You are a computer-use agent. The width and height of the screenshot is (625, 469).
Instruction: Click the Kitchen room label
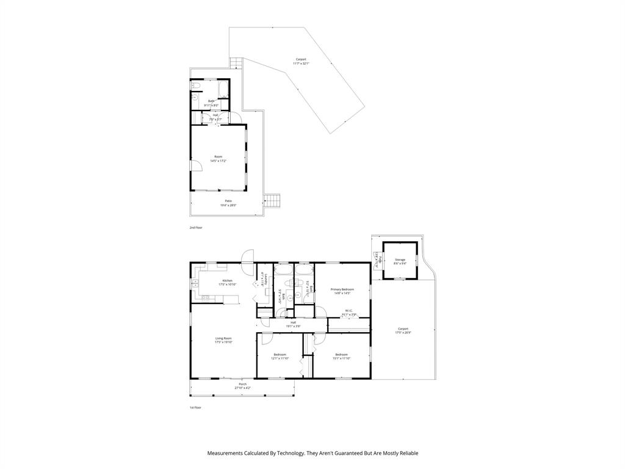227,281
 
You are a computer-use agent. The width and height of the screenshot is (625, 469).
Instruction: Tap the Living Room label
223,338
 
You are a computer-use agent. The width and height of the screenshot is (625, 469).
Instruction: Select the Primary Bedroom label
342,289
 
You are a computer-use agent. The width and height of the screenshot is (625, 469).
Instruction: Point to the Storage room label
400,260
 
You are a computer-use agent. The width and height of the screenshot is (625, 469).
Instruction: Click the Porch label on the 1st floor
243,384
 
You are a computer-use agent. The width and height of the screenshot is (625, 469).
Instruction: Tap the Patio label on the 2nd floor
228,201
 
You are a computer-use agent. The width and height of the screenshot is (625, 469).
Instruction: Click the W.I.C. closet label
349,311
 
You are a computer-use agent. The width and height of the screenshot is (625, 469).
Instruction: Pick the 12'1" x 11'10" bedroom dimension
280,358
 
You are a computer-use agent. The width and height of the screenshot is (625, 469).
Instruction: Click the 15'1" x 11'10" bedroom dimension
341,358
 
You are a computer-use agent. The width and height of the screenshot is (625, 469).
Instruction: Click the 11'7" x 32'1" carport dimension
301,64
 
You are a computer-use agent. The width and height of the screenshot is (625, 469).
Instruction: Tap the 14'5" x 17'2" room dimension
219,161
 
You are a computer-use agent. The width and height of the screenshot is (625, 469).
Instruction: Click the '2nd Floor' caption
195,227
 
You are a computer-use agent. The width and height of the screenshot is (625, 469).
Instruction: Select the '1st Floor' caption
195,407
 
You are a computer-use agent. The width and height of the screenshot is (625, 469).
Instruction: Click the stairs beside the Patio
272,200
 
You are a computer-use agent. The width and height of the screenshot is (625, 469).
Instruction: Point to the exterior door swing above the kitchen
247,256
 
